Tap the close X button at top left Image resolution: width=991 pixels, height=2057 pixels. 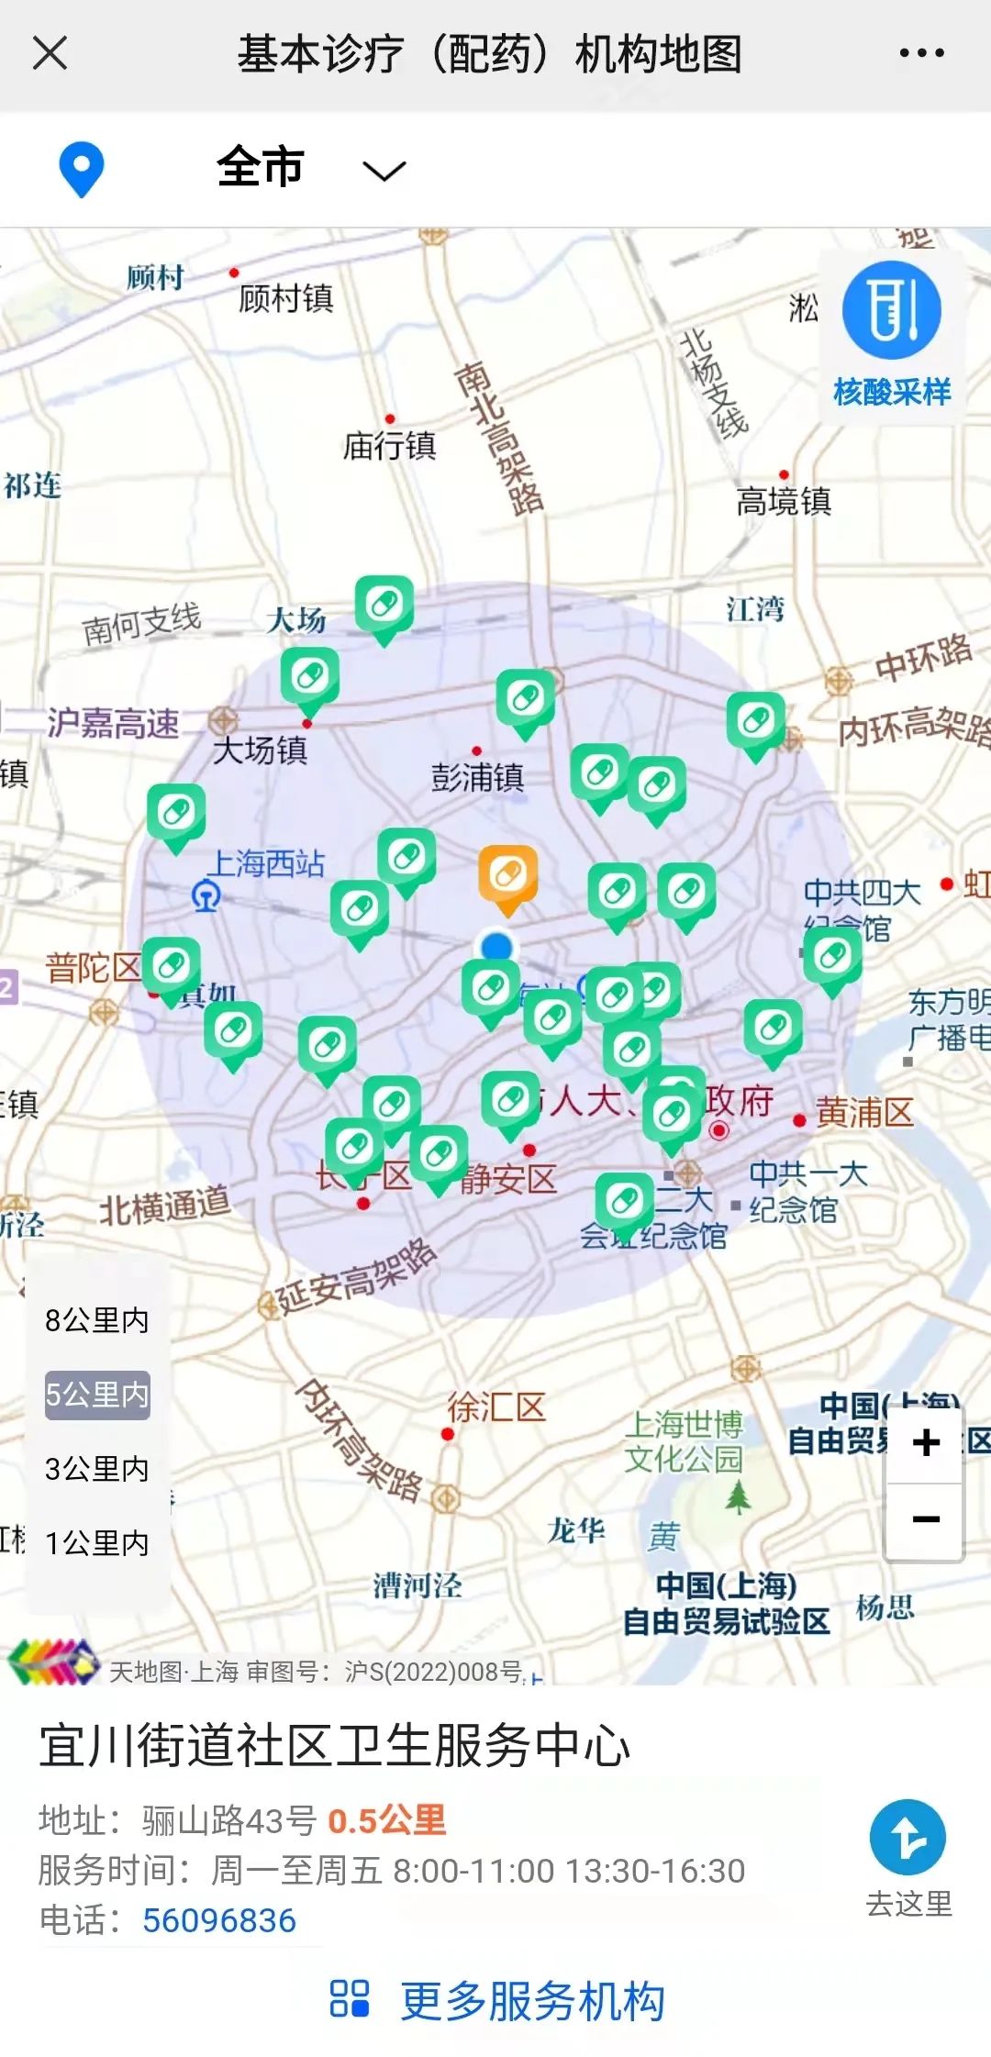coord(50,52)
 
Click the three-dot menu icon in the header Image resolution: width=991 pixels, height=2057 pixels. coord(921,52)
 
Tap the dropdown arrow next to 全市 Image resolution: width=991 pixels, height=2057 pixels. coord(384,171)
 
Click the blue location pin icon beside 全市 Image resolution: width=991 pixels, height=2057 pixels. coord(81,169)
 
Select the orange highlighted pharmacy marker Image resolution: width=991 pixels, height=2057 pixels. coord(507,876)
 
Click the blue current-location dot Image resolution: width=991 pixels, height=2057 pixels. coord(496,946)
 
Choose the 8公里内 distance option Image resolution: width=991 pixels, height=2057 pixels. coord(96,1320)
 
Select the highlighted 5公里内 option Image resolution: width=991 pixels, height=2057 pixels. coord(96,1395)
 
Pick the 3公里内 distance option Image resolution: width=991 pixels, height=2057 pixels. coord(96,1469)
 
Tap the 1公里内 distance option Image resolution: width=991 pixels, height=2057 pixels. coord(96,1543)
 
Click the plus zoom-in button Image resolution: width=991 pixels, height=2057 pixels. coord(925,1443)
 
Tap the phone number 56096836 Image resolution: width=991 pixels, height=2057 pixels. coord(219,1920)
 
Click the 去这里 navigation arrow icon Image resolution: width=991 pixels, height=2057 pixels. coord(907,1838)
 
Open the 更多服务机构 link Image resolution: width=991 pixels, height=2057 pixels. coord(532,2001)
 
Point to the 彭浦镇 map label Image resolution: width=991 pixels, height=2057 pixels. coord(477,777)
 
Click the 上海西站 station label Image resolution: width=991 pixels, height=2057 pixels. coord(266,863)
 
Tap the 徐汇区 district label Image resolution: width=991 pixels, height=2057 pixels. coord(496,1407)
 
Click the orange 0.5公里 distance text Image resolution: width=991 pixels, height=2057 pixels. coord(386,1820)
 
